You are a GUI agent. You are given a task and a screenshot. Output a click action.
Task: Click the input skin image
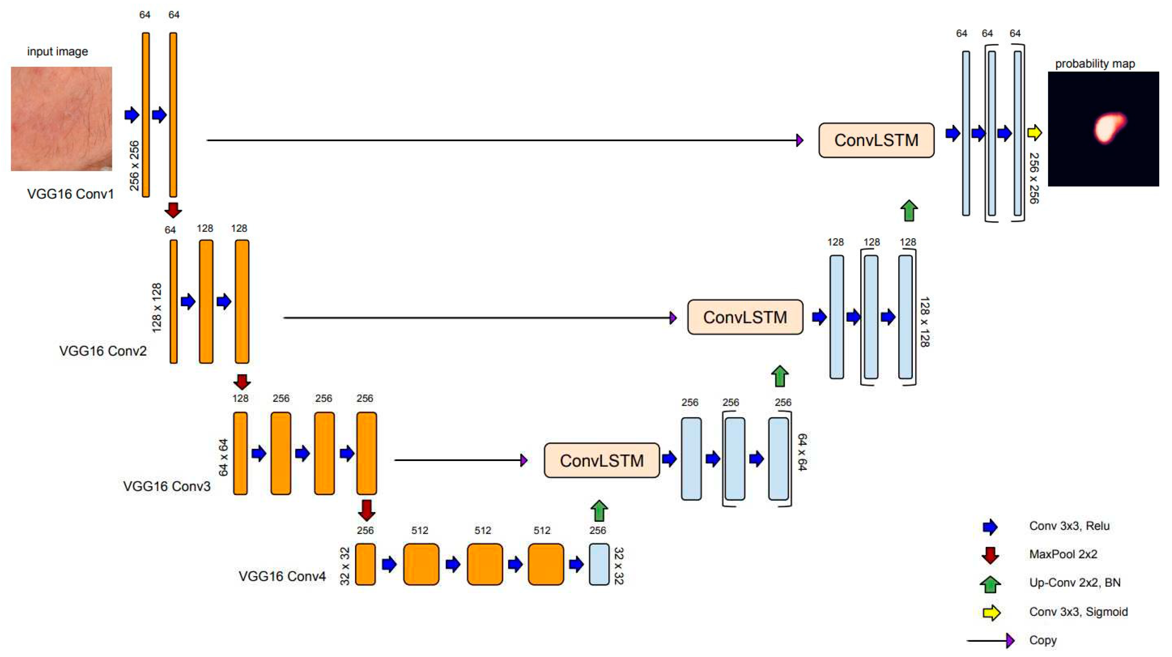[62, 119]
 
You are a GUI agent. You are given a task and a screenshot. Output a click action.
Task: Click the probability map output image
[1103, 129]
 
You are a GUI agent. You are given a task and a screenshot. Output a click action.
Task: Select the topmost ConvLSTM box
[876, 140]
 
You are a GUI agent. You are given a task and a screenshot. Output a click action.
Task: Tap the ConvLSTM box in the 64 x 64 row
[601, 460]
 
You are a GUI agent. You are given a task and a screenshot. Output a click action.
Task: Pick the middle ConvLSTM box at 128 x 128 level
[745, 317]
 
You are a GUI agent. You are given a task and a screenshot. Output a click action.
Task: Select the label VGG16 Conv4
[282, 577]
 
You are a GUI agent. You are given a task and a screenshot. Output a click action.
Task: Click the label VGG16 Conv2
[103, 351]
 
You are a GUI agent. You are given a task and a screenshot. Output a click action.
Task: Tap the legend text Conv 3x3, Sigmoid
[1078, 612]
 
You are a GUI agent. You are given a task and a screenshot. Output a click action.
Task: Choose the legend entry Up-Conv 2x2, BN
[1074, 582]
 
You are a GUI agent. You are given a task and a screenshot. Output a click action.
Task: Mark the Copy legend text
[1043, 640]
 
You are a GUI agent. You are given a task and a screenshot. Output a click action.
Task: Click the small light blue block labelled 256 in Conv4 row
[599, 564]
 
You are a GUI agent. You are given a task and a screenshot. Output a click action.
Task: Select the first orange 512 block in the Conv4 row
[421, 564]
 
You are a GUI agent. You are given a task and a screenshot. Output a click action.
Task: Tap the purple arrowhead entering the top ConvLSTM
[800, 140]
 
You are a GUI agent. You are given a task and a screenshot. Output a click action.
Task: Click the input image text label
[57, 51]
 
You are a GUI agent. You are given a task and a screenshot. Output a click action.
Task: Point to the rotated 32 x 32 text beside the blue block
[619, 565]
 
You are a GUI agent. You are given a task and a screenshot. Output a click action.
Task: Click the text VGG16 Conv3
[167, 487]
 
